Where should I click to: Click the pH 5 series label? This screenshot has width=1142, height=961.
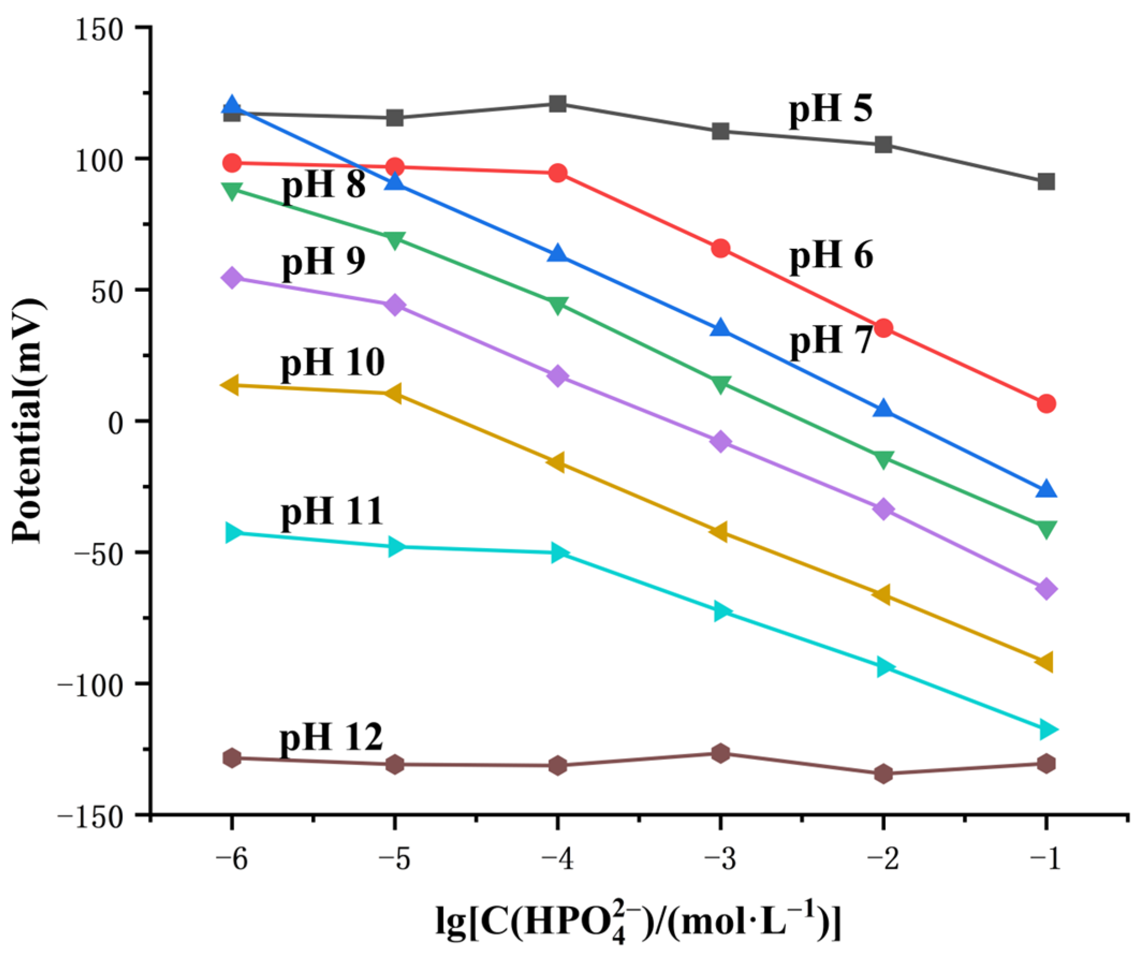830,109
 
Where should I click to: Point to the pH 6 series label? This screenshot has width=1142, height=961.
831,256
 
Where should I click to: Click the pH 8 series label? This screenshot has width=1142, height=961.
323,185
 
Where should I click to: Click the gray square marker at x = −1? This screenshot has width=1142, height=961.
1045,181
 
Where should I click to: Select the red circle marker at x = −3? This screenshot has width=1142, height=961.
720,249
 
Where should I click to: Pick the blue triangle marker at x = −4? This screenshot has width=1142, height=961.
557,254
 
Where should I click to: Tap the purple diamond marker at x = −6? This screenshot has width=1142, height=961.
232,278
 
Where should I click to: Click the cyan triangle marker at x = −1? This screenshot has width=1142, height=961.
1047,729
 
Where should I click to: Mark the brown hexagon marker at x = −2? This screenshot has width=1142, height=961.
883,774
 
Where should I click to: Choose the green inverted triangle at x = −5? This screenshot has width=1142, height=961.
394,239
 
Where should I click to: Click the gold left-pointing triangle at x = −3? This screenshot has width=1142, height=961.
719,531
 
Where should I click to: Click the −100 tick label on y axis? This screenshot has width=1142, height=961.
91,684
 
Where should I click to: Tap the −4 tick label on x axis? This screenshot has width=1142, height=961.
557,859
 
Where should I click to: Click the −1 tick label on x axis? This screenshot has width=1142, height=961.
1045,859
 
